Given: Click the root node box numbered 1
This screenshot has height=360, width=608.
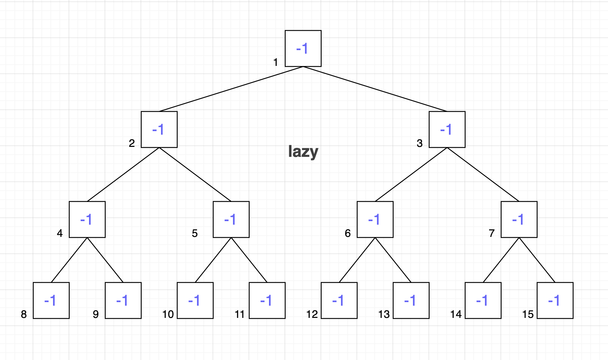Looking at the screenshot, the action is (303, 49).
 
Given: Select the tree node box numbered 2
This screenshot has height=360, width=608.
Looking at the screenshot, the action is (159, 130).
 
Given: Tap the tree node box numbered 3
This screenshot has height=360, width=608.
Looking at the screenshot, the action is (447, 130).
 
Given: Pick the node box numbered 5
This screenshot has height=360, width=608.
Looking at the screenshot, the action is (231, 220).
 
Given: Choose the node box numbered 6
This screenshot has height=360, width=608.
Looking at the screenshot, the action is (375, 220).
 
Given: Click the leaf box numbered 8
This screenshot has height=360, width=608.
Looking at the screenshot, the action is (51, 301).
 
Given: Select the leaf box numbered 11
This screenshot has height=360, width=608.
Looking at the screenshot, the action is (267, 301).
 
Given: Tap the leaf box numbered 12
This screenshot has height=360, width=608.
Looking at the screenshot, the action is (339, 301).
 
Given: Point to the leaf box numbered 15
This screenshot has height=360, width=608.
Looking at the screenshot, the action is (555, 301).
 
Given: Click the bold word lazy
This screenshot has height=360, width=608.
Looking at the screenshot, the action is (303, 152).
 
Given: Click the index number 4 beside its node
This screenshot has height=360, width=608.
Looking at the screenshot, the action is (60, 233).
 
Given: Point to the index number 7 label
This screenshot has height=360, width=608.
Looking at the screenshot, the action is (492, 233).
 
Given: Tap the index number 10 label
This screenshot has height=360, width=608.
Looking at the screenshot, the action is (168, 314).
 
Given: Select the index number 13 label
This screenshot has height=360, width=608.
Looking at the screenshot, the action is (384, 314).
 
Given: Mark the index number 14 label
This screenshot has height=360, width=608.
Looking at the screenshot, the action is (456, 314).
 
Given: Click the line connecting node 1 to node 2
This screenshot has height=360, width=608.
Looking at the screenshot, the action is (231, 89).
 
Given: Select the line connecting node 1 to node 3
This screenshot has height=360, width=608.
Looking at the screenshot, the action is (375, 89).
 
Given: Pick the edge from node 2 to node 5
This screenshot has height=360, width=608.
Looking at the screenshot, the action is (195, 175).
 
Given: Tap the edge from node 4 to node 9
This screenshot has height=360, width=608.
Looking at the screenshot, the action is (105, 260).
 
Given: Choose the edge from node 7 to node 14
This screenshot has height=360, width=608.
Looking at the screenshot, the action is (501, 260).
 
